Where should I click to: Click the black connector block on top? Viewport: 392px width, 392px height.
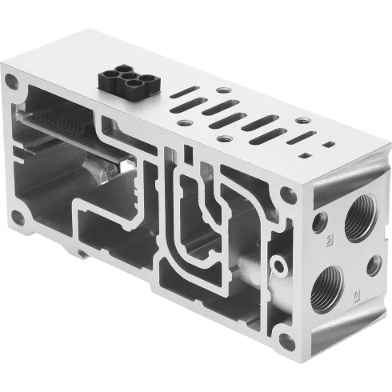pos(122,79)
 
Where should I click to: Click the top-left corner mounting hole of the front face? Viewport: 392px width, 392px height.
pos(11,81)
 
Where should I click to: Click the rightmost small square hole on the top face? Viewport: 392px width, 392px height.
pos(328,145)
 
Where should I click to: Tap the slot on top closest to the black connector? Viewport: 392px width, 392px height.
pos(186,94)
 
